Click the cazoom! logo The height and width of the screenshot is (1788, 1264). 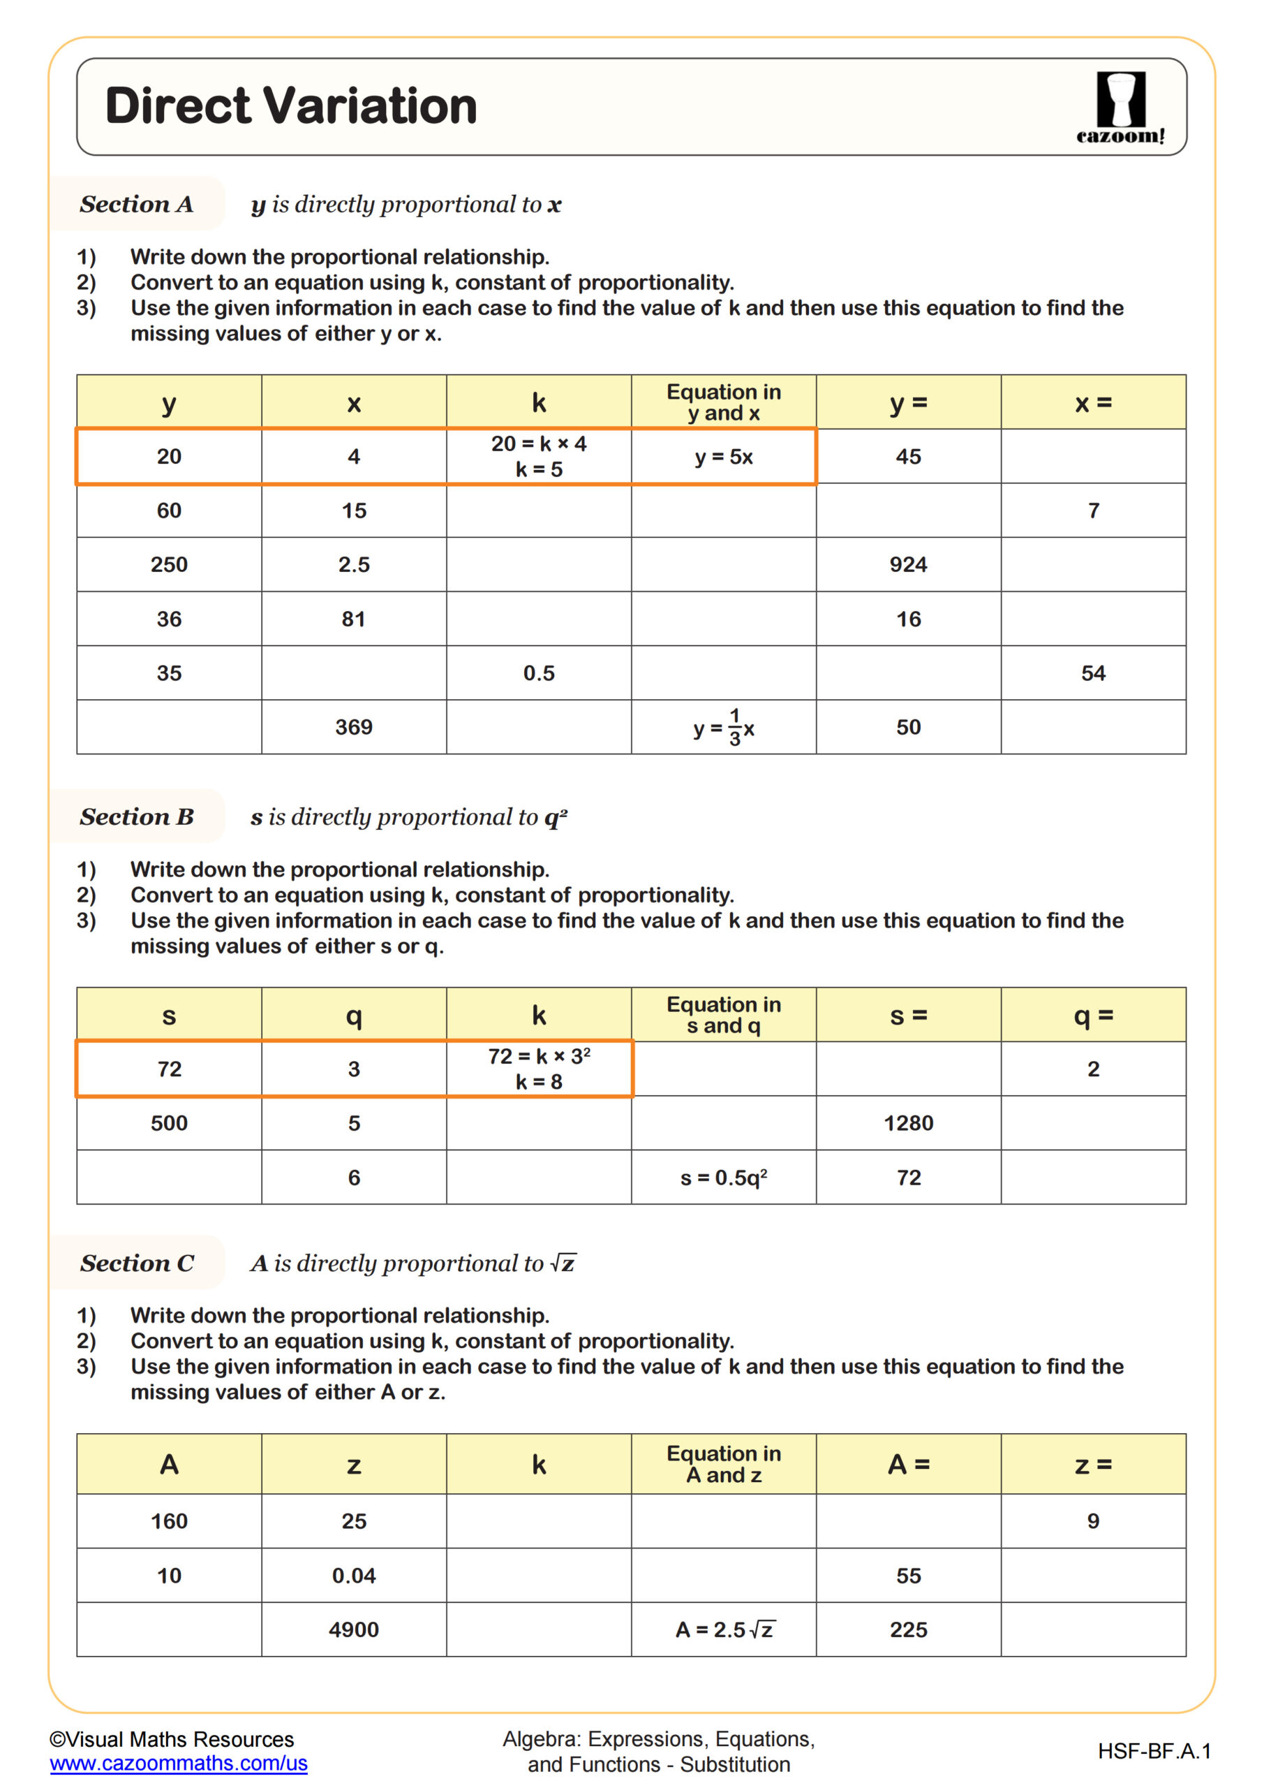pyautogui.click(x=1120, y=108)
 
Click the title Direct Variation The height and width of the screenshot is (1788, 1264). pyautogui.click(x=290, y=106)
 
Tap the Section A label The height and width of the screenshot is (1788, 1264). pyautogui.click(x=136, y=204)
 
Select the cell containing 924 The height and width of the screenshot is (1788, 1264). pyautogui.click(x=907, y=564)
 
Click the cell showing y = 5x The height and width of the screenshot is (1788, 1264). pyautogui.click(x=723, y=457)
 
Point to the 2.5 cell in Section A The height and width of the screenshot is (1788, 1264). pyautogui.click(x=353, y=564)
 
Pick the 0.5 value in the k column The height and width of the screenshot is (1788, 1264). pyautogui.click(x=539, y=673)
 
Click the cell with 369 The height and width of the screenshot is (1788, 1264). pyautogui.click(x=353, y=727)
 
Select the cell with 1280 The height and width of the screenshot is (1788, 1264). pyautogui.click(x=907, y=1123)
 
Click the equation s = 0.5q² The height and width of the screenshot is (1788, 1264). pyautogui.click(x=723, y=1178)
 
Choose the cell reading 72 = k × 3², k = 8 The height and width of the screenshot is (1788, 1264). pyautogui.click(x=539, y=1069)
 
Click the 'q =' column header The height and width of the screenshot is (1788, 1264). pyautogui.click(x=1093, y=1016)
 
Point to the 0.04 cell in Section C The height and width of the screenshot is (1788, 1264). pyautogui.click(x=353, y=1576)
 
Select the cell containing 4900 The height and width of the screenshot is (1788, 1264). pyautogui.click(x=353, y=1629)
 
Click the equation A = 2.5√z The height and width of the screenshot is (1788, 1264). pyautogui.click(x=723, y=1629)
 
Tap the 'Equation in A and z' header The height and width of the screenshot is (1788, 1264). pyautogui.click(x=723, y=1464)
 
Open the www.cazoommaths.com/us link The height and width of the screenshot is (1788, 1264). pyautogui.click(x=178, y=1763)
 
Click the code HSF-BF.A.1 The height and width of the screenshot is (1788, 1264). pyautogui.click(x=1154, y=1752)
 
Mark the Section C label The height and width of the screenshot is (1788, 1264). pyautogui.click(x=137, y=1263)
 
